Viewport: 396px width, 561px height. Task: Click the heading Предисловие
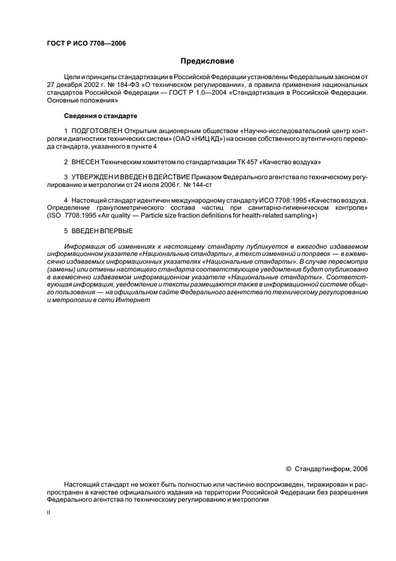pos(207,61)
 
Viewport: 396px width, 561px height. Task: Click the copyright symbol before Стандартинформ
pos(288,469)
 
